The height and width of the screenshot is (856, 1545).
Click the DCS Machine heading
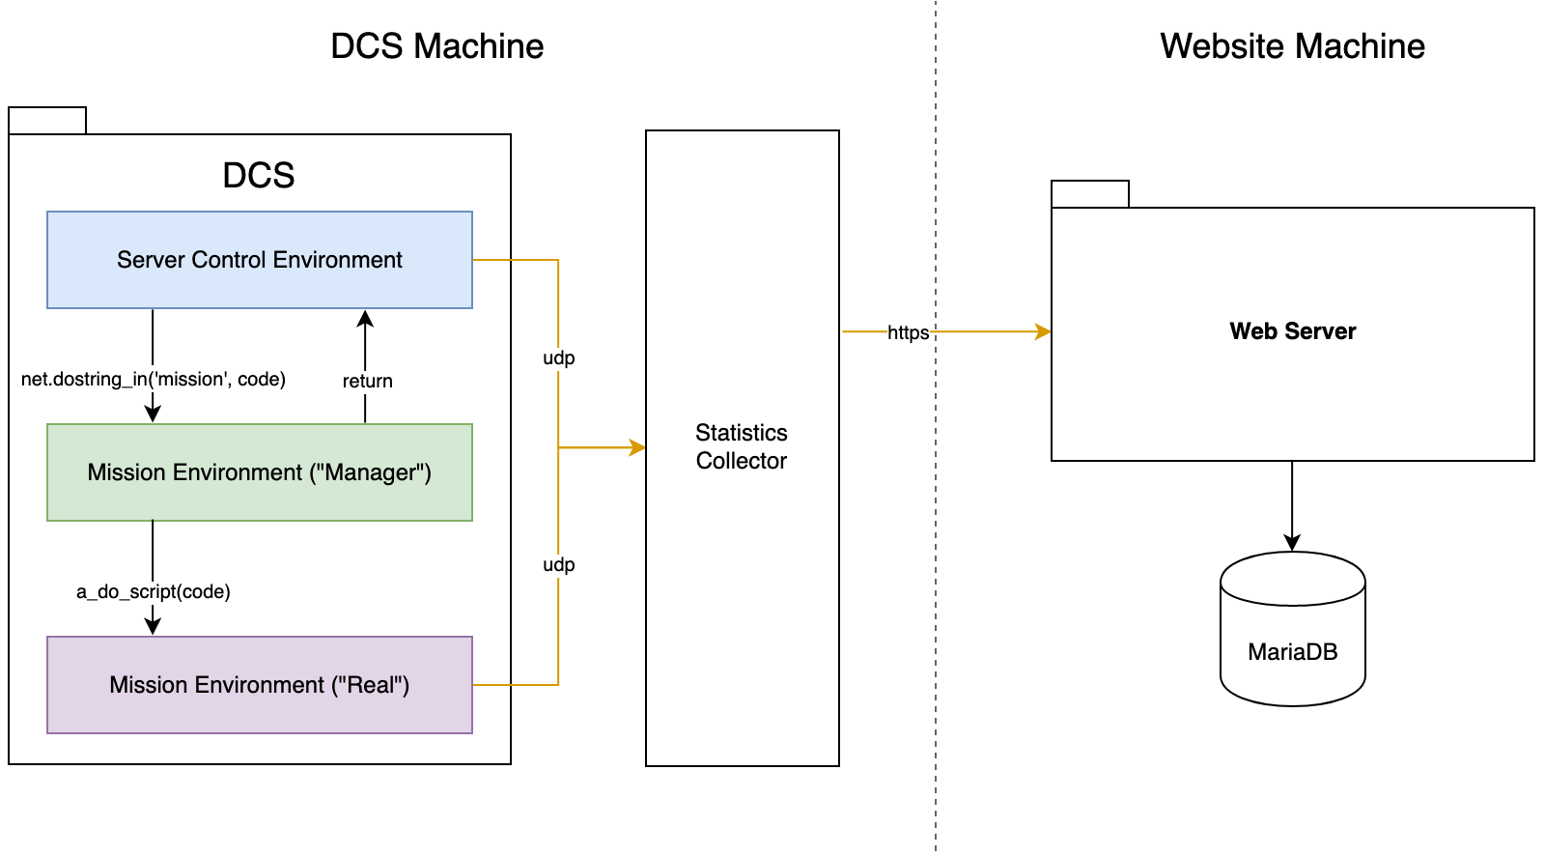point(436,46)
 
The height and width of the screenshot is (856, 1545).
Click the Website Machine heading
point(1292,46)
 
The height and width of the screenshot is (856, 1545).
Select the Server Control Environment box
point(260,260)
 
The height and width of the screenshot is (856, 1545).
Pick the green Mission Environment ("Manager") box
point(260,472)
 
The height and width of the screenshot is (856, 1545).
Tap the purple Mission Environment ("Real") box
point(260,685)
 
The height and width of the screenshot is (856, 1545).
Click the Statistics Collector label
point(742,446)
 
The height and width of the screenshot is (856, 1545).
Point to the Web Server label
point(1292,331)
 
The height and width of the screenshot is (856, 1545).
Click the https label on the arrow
point(908,333)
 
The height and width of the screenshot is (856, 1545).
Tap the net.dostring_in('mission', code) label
point(154,379)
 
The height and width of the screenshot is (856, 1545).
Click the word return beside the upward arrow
point(367,381)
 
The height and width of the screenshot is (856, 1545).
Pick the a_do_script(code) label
point(154,591)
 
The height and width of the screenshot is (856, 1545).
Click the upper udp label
point(558,357)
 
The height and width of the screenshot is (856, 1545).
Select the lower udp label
point(558,564)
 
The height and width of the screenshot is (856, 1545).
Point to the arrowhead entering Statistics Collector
point(637,447)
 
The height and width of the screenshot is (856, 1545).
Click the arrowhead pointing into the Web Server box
point(1043,331)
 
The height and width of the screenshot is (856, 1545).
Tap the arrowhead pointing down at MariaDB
point(1292,543)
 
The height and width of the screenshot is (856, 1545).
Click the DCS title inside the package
point(259,175)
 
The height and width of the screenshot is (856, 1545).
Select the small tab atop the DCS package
point(47,121)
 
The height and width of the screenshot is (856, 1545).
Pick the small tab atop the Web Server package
point(1090,194)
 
